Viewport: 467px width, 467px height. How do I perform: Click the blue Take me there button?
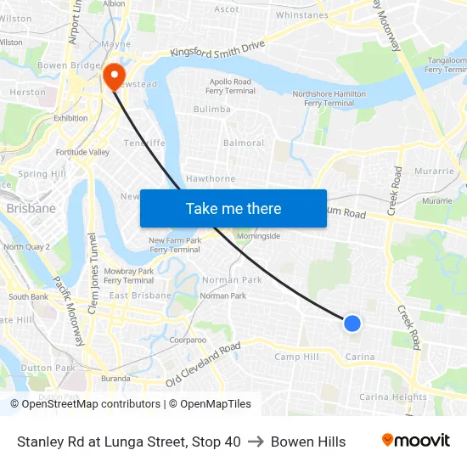(x=233, y=208)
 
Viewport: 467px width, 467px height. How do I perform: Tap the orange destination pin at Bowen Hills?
(x=113, y=76)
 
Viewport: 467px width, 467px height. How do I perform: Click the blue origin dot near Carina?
(x=352, y=323)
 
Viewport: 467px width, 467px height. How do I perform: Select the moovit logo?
(x=416, y=441)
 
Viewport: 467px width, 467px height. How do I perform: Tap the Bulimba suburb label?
(x=211, y=109)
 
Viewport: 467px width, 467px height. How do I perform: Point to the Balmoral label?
(x=244, y=143)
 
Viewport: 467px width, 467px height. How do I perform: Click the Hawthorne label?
(x=211, y=178)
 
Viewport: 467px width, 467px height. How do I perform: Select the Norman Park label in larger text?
(x=232, y=279)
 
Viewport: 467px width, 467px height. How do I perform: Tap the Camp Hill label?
(x=297, y=357)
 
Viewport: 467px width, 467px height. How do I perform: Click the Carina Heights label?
(x=392, y=397)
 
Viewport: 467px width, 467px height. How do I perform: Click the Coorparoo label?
(x=188, y=339)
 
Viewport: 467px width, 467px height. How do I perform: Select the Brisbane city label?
(x=31, y=208)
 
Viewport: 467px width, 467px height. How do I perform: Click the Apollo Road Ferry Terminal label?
(x=232, y=86)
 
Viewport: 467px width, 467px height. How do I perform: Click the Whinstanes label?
(x=302, y=15)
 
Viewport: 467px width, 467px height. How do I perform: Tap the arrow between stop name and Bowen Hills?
(x=256, y=442)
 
